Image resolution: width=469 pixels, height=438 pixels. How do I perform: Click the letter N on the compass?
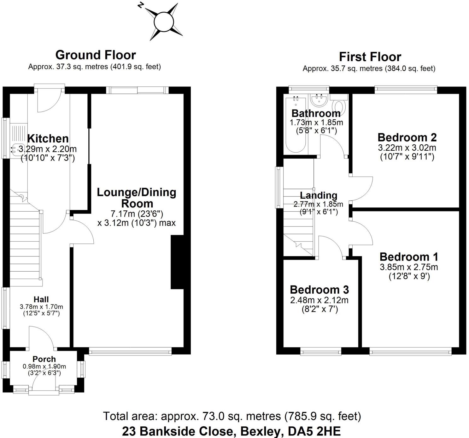point(141,5)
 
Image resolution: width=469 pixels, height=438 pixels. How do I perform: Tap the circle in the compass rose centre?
point(164,22)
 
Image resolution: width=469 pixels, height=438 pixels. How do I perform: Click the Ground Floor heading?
point(96,55)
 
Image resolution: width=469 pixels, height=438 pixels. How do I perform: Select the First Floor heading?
point(370,57)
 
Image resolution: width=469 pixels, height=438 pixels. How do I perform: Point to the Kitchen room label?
point(48,139)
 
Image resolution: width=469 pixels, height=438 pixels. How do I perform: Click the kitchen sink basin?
point(18,150)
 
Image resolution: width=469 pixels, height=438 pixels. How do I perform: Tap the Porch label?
point(44,359)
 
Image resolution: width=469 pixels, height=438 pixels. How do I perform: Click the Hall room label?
point(41,299)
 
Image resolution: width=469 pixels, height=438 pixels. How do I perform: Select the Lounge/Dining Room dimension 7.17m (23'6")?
point(137,214)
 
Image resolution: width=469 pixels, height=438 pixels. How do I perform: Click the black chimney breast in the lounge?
point(177,262)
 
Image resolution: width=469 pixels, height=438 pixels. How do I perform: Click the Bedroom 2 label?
point(407,137)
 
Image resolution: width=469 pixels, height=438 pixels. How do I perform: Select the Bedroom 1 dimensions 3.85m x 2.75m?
point(409,267)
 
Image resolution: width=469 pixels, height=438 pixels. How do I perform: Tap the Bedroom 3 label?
point(319,290)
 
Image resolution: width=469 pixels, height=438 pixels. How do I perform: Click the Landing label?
point(319,195)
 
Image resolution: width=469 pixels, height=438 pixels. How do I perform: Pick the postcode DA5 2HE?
point(314,431)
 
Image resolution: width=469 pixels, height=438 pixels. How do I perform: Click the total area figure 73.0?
point(212,416)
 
